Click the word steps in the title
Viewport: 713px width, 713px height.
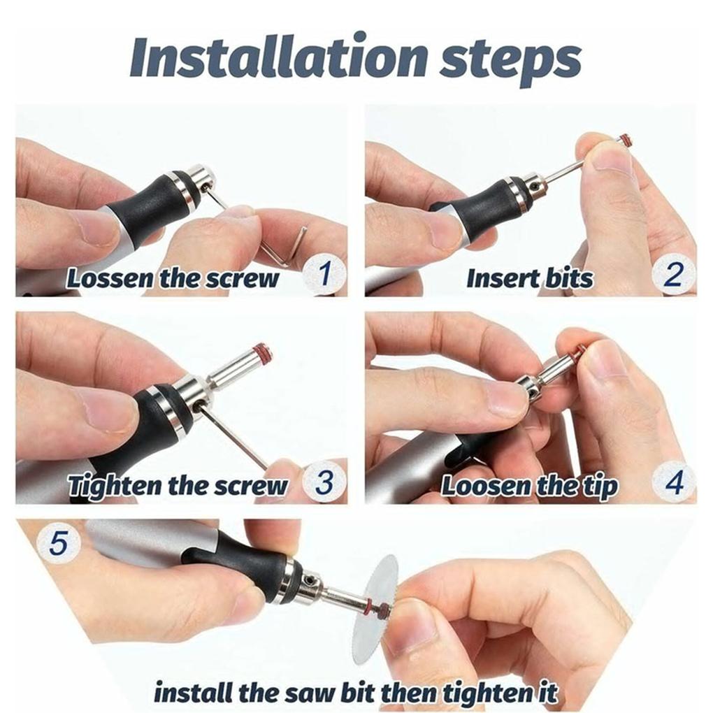510,62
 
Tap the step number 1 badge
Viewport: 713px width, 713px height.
324,274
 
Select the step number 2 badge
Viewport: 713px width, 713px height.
673,275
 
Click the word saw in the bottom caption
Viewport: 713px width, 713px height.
306,693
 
